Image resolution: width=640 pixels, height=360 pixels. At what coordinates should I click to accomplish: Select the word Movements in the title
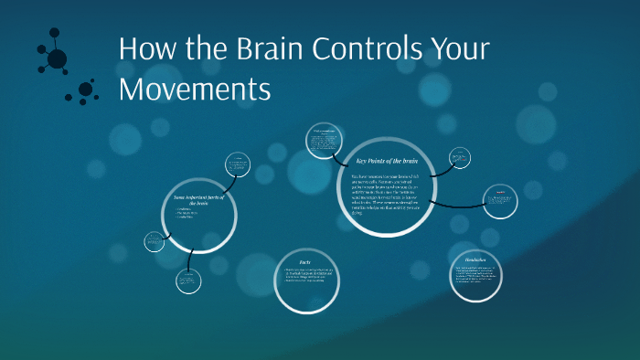195,90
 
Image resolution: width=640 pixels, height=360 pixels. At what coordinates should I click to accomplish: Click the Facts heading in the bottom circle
304,261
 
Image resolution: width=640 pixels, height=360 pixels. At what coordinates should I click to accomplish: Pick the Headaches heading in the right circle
475,259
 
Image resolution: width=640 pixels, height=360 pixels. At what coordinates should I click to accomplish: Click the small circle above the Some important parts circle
238,165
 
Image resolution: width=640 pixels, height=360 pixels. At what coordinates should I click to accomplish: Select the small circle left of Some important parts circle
155,241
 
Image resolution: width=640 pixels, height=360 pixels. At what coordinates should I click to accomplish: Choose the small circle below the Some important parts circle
188,280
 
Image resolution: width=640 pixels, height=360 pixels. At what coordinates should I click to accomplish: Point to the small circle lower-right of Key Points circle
500,200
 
